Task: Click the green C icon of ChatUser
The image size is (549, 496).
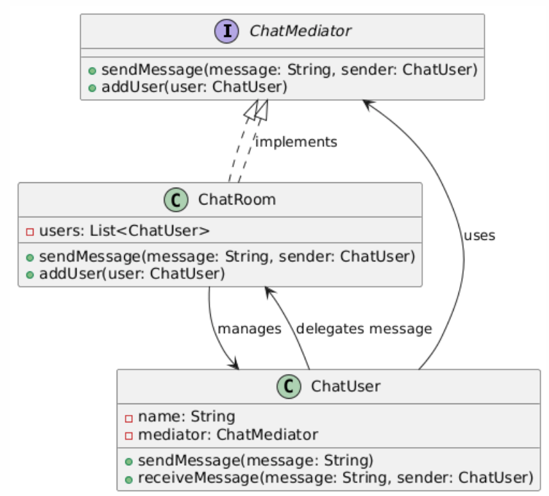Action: (x=288, y=386)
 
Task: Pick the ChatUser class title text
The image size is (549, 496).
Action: (x=346, y=386)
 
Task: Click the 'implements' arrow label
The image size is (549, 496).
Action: (x=297, y=142)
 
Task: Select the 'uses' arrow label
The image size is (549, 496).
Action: (x=479, y=235)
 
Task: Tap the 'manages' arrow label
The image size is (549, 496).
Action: (x=250, y=329)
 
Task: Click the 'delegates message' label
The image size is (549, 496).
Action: (x=364, y=329)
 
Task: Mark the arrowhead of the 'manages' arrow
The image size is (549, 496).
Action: (x=236, y=365)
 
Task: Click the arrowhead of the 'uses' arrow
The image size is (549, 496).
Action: (x=366, y=103)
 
